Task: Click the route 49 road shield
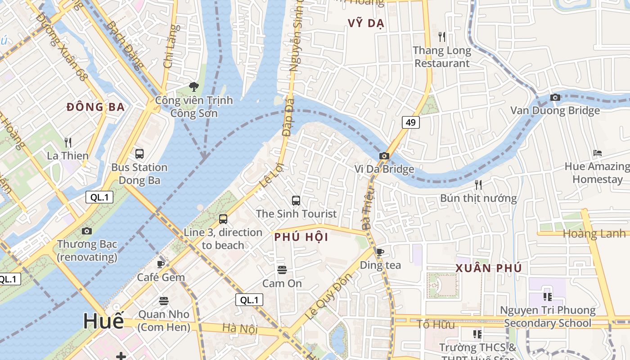point(410,122)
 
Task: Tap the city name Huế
point(103,321)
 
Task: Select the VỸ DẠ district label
point(365,23)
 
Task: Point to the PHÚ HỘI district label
point(301,237)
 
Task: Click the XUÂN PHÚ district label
point(489,268)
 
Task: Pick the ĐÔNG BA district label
point(95,107)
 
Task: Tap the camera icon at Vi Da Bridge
point(384,156)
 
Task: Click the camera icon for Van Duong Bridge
point(555,97)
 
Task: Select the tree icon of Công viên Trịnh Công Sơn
point(194,86)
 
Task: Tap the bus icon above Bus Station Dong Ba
point(139,153)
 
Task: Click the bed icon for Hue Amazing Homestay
point(597,153)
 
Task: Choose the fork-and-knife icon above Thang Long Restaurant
point(442,36)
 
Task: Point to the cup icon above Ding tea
point(380,252)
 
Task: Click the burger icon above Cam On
point(282,270)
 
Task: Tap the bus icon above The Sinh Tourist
point(296,200)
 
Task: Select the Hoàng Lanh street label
point(594,234)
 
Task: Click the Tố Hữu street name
point(435,324)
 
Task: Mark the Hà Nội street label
point(239,328)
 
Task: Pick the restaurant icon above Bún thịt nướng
point(478,184)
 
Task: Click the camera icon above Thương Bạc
point(87,231)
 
